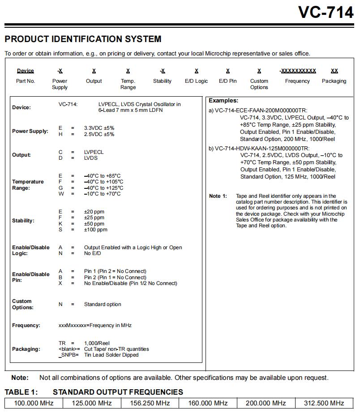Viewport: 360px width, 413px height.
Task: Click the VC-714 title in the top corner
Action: [x=326, y=13]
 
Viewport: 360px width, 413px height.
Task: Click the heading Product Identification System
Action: [x=83, y=39]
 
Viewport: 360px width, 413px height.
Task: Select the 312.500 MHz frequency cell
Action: [x=324, y=403]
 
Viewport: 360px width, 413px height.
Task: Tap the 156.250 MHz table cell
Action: [x=150, y=403]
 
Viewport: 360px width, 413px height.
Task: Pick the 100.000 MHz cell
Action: [x=34, y=403]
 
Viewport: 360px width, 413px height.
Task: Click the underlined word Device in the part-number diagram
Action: [x=26, y=71]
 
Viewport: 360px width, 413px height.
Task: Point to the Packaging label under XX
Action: [x=334, y=81]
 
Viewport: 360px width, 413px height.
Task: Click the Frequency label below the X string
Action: [x=297, y=81]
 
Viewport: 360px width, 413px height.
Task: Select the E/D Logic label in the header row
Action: [x=197, y=81]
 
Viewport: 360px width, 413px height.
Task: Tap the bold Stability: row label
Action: [x=23, y=221]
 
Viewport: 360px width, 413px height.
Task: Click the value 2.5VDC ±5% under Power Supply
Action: [x=99, y=134]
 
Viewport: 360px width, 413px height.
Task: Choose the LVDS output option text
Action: [x=91, y=158]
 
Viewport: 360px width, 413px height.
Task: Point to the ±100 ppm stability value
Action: [x=96, y=230]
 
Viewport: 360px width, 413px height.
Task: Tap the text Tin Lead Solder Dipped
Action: [x=111, y=355]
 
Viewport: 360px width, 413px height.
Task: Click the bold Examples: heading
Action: [x=223, y=101]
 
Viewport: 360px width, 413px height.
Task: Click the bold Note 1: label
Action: [x=218, y=196]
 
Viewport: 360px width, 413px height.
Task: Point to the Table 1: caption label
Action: [x=21, y=392]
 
